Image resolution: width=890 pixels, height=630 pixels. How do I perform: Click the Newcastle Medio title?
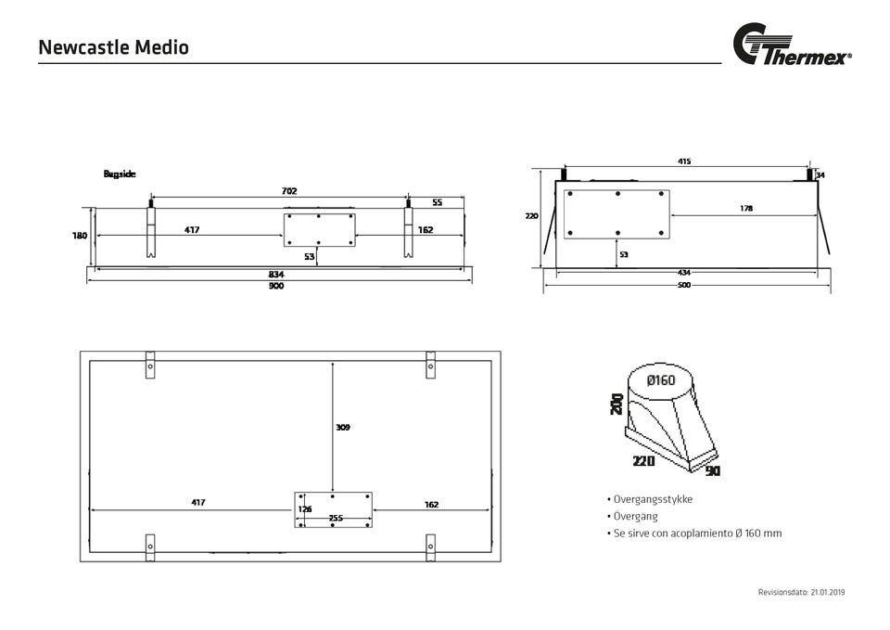tap(113, 46)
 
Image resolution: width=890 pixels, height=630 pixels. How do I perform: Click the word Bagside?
tap(120, 174)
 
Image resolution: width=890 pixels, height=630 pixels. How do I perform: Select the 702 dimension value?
tap(289, 190)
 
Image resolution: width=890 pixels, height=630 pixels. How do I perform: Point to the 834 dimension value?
tap(276, 275)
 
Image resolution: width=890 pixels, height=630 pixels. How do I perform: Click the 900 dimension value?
tap(276, 286)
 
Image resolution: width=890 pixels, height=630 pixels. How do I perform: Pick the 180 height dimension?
tap(80, 236)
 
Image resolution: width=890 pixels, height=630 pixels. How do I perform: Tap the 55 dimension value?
tap(437, 201)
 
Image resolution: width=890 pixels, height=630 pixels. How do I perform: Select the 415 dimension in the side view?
tap(684, 161)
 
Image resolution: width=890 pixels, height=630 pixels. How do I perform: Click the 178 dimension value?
tap(746, 209)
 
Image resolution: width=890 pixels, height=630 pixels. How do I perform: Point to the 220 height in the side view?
tap(531, 216)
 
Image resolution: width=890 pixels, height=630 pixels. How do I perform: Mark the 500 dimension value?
tap(684, 285)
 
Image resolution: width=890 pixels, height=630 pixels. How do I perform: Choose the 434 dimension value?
tap(684, 273)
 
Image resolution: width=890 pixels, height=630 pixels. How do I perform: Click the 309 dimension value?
tap(343, 428)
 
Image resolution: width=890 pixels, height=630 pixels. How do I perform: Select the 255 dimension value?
tap(336, 518)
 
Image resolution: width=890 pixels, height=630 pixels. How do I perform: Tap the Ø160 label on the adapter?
tap(661, 380)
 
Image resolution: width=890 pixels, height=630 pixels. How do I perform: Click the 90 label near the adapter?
tap(712, 471)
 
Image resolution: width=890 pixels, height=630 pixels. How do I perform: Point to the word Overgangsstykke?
tap(653, 499)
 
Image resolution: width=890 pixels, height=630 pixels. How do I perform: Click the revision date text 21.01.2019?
tap(827, 591)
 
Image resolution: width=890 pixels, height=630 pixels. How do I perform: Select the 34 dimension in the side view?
tap(820, 174)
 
